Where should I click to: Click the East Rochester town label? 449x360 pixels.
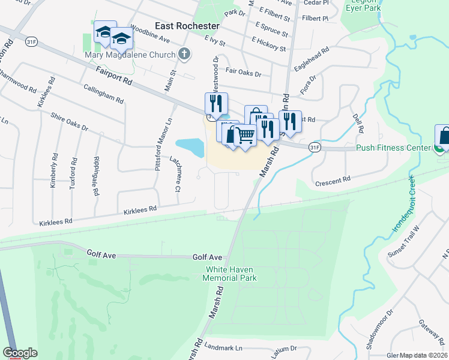coord(187,26)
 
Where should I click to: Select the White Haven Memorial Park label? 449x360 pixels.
coord(230,274)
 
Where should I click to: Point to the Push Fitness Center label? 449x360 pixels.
coord(393,148)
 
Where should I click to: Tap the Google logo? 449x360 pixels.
coord(20,353)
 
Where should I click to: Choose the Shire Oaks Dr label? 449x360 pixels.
coord(69,121)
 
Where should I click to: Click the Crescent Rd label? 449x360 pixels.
coord(333,180)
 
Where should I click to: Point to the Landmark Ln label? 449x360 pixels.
coord(223,347)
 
